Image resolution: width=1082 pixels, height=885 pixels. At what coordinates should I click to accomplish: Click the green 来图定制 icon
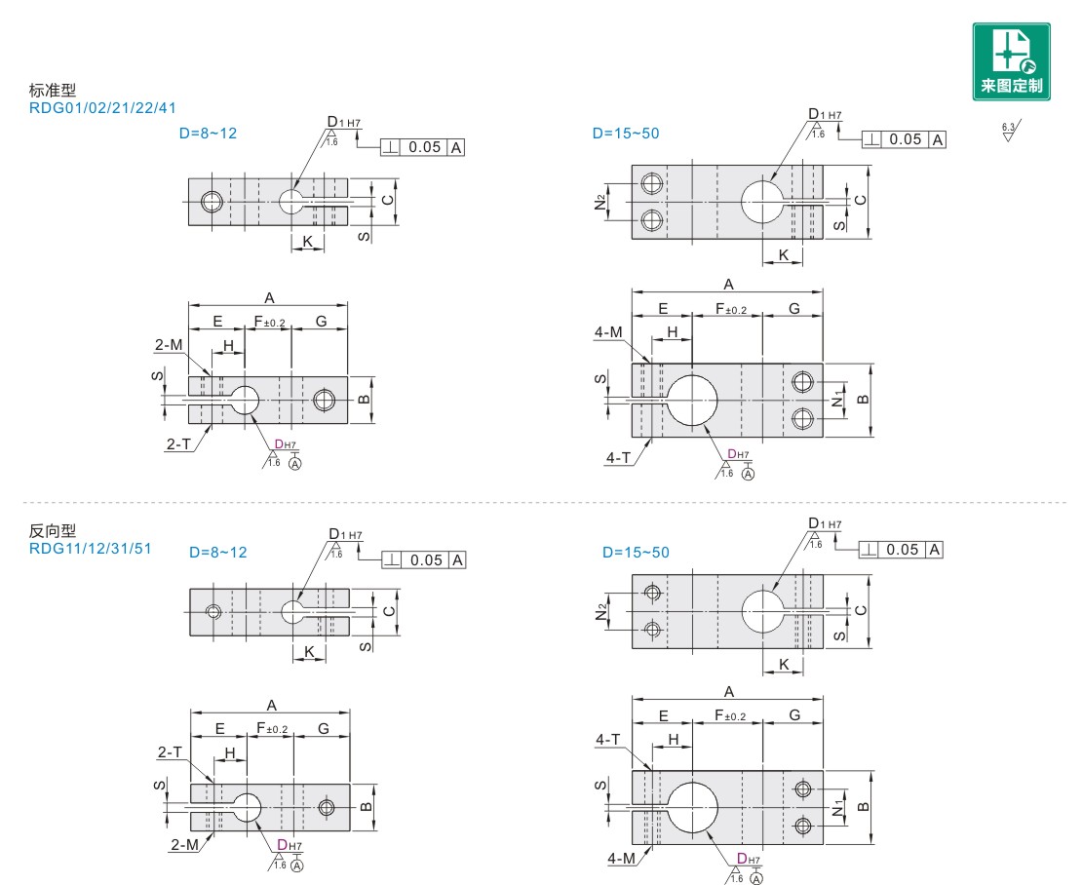click(1011, 60)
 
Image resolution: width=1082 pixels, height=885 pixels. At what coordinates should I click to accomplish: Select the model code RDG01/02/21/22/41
click(103, 108)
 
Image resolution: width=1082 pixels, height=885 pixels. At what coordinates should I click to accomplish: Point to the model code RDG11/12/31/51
click(90, 549)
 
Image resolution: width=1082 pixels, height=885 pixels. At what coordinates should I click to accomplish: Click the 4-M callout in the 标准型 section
click(608, 332)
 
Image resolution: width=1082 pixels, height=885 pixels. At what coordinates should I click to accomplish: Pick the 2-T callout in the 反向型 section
click(170, 751)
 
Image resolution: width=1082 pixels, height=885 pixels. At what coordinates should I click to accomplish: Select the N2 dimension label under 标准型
click(600, 202)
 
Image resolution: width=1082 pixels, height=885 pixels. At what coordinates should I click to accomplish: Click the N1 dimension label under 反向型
click(837, 809)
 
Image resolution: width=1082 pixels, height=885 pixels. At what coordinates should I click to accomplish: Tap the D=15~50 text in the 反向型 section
click(636, 553)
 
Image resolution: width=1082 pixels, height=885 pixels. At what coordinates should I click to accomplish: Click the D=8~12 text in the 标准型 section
click(208, 134)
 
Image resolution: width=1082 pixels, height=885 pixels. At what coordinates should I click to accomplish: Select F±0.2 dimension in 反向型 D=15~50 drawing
click(730, 715)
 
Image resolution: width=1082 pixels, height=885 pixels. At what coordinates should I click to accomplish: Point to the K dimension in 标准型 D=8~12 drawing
click(308, 241)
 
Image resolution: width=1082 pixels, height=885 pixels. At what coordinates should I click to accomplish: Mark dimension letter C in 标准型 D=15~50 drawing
click(859, 200)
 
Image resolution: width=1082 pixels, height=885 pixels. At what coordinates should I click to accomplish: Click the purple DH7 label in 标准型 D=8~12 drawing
click(287, 444)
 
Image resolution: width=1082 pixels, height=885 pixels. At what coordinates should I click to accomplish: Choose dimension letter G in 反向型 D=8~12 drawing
click(322, 729)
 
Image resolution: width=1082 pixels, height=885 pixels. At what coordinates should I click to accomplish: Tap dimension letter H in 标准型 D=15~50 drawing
click(673, 332)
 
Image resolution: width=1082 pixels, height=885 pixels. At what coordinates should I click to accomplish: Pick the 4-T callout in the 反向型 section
click(608, 741)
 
